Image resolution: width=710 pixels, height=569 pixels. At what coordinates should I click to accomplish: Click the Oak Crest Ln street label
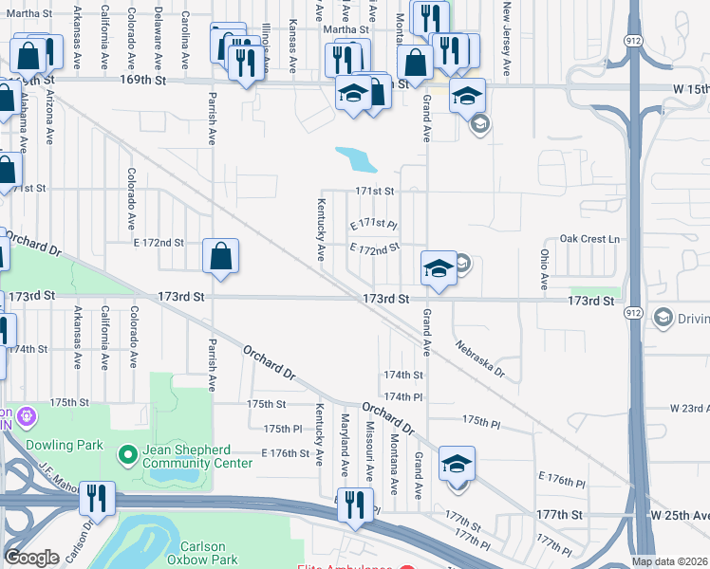click(589, 238)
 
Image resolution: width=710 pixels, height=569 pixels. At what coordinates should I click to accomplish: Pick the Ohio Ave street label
click(545, 269)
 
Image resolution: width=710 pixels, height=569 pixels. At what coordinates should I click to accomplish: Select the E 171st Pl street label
click(372, 224)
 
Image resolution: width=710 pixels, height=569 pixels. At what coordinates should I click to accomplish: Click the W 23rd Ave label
click(689, 409)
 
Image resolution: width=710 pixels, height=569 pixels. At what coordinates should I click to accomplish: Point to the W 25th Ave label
click(680, 514)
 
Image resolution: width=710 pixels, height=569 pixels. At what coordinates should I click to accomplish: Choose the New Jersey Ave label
click(509, 38)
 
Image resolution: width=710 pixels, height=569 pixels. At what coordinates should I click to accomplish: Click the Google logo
click(31, 558)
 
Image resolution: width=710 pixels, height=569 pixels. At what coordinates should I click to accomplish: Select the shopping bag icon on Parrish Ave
click(220, 256)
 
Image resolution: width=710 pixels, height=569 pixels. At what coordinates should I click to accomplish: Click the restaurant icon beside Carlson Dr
click(97, 497)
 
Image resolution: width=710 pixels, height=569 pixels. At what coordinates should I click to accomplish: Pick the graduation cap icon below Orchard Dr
click(457, 464)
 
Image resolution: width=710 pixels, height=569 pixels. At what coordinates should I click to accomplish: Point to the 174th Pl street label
click(402, 396)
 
